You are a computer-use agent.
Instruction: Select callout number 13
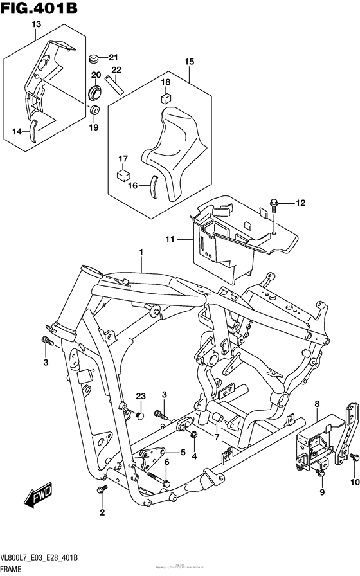(x=36, y=24)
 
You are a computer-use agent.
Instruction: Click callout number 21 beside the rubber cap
(x=114, y=56)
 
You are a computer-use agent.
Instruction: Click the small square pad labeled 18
(x=165, y=98)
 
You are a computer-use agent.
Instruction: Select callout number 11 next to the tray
(x=170, y=240)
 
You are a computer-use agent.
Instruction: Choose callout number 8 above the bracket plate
(x=316, y=404)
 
